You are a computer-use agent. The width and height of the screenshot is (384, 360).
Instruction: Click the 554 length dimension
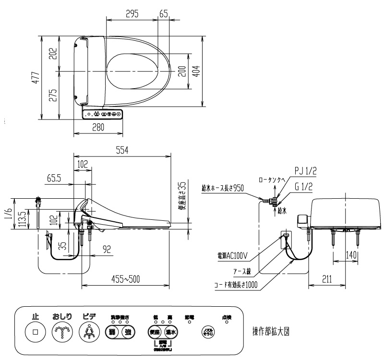[122, 150]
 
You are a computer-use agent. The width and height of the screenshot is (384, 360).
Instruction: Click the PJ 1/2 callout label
[305, 171]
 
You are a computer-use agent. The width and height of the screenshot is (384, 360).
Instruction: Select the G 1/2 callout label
[304, 187]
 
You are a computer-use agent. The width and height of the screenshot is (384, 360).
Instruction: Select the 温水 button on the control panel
[171, 332]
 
